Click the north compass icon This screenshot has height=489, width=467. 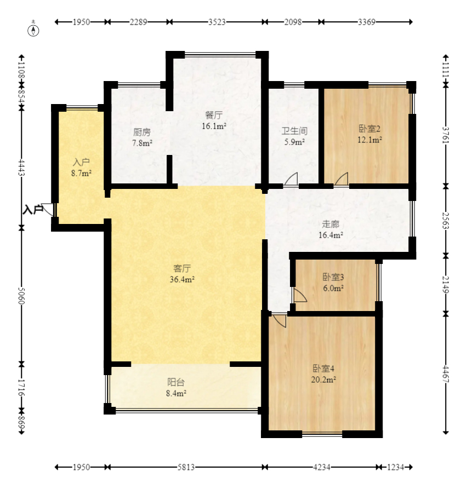[x=33, y=31]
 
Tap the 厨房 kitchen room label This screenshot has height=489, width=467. [x=142, y=132]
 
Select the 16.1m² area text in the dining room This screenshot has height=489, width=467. [x=214, y=126]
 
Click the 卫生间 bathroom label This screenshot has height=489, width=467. [x=294, y=131]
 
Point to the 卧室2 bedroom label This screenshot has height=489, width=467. [x=369, y=129]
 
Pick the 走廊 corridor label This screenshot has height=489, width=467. [x=331, y=224]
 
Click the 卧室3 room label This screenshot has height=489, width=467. [x=333, y=277]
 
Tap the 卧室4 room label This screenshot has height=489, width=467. [x=323, y=369]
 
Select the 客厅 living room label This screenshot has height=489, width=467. [x=182, y=268]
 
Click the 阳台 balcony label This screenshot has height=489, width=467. [x=176, y=382]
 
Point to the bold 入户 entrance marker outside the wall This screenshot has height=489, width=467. [x=32, y=210]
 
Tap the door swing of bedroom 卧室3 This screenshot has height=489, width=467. [x=300, y=295]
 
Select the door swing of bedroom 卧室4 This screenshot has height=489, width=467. [x=280, y=320]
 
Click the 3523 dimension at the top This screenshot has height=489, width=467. [x=217, y=22]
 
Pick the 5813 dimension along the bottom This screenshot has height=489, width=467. [x=186, y=467]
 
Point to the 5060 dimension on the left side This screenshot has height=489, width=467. [x=21, y=296]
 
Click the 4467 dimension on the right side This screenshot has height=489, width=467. [x=446, y=374]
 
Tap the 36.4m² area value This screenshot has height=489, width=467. [x=182, y=279]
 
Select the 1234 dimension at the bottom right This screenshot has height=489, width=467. [x=396, y=467]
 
